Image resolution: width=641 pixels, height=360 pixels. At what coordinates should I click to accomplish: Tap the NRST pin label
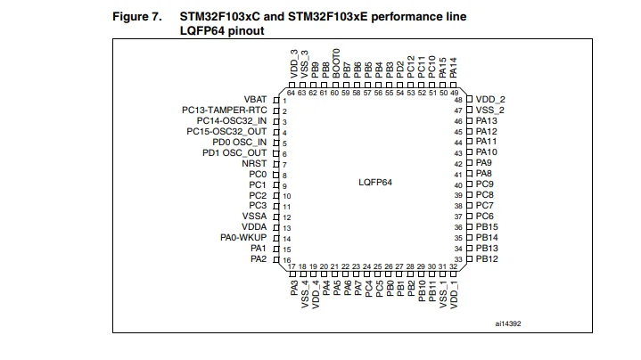click(255, 164)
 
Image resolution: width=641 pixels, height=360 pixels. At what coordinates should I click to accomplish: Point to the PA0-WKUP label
click(243, 238)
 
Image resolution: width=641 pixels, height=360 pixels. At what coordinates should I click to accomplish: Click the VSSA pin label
click(254, 217)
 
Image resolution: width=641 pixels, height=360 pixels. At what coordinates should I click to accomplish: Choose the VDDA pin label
click(254, 227)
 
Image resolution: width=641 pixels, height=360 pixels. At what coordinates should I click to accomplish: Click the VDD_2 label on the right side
click(490, 100)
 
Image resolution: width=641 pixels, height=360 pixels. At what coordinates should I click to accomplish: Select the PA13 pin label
click(486, 120)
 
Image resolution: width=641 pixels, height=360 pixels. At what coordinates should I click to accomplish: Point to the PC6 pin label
click(484, 217)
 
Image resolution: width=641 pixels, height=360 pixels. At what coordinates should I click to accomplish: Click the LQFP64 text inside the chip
click(375, 181)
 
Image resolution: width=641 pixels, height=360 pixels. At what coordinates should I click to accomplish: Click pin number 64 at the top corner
click(292, 93)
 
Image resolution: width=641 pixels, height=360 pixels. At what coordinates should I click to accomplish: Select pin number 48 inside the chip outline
click(458, 100)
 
